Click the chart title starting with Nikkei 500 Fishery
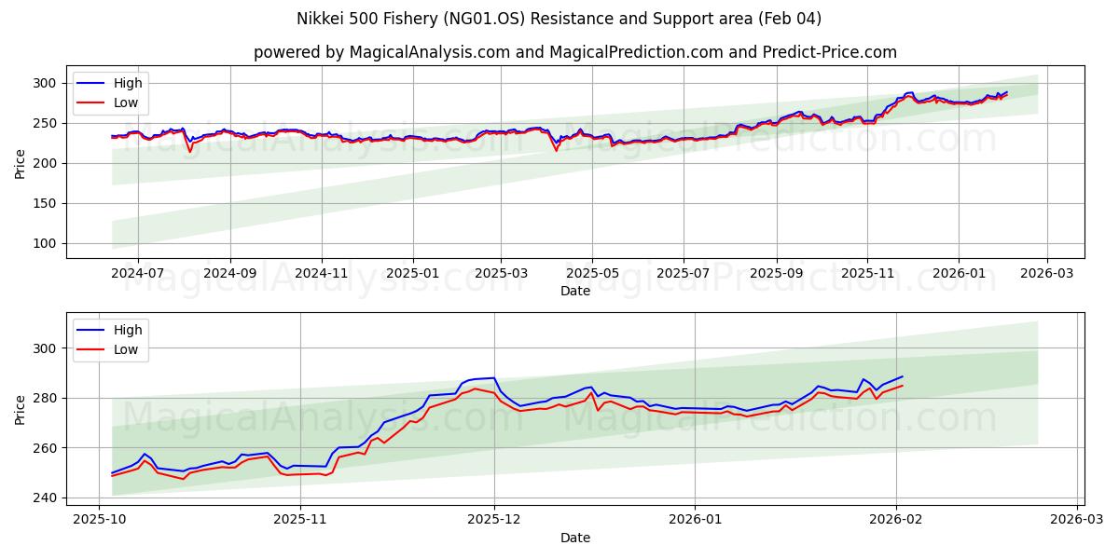[x=559, y=19]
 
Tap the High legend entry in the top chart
[x=127, y=84]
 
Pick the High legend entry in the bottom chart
[x=127, y=330]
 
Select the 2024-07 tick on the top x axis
[x=138, y=273]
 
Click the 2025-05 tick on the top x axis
[x=592, y=273]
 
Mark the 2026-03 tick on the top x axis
[x=1046, y=273]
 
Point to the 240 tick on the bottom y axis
[x=45, y=498]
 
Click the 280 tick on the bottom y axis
[x=45, y=398]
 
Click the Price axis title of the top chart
[x=21, y=163]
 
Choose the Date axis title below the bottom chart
[x=575, y=538]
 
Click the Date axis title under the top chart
[x=575, y=291]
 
